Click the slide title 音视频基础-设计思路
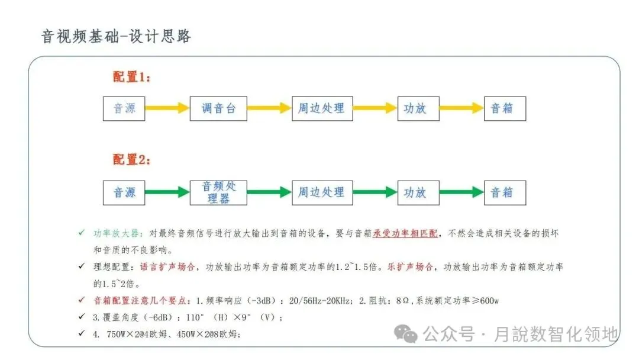pos(116,36)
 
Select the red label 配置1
pos(131,77)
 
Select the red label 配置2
pos(131,160)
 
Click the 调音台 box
pos(218,108)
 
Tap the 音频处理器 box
pos(218,192)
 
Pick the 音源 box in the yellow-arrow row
pos(124,108)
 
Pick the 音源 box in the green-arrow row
pos(124,192)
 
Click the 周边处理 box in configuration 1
pos(322,108)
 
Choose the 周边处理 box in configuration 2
pos(322,192)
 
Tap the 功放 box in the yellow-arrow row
pos(418,108)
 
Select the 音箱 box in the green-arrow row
pos(504,192)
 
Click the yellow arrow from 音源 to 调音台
pos(167,108)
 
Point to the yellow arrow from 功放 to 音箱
pos(461,108)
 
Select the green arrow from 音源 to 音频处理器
pos(167,192)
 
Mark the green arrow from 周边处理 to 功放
pos(375,192)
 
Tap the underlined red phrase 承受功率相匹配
pos(405,233)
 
